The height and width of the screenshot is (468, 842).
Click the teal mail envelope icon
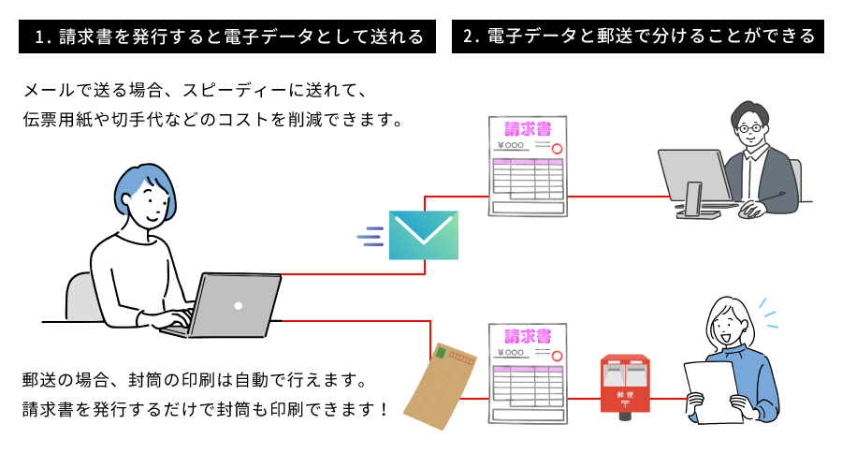(x=423, y=235)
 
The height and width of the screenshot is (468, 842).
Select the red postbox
(x=624, y=384)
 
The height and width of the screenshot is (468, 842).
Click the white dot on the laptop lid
(x=238, y=306)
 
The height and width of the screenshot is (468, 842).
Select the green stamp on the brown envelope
(x=440, y=353)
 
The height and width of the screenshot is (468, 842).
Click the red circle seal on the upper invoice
(x=556, y=148)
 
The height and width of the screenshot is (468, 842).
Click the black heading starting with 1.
(x=229, y=37)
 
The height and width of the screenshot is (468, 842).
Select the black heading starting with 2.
(x=639, y=37)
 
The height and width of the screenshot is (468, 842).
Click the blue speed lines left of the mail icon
(x=371, y=235)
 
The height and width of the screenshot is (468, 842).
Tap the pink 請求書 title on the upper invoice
(x=527, y=129)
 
